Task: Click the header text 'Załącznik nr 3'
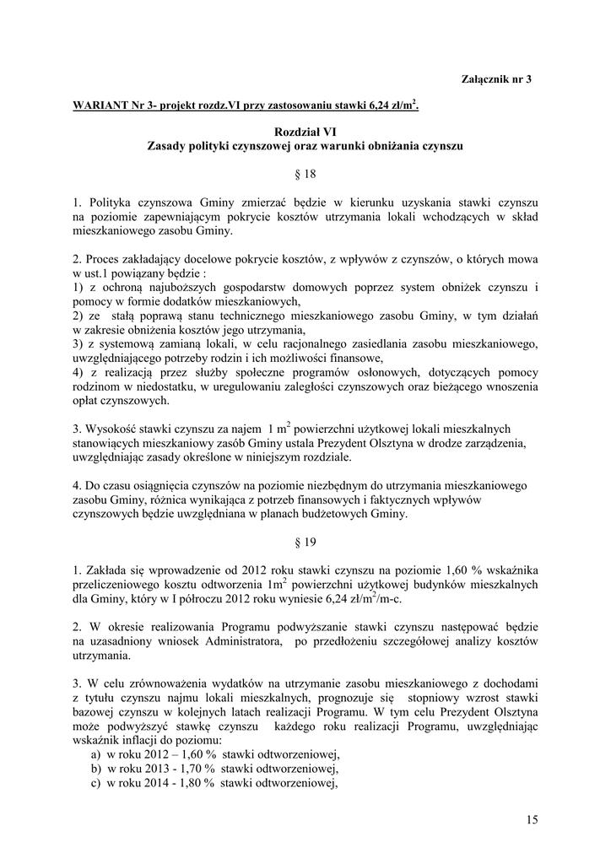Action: (x=497, y=79)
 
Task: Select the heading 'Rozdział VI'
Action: (x=305, y=132)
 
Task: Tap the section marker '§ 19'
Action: (x=305, y=543)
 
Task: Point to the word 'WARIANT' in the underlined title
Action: (x=100, y=106)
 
